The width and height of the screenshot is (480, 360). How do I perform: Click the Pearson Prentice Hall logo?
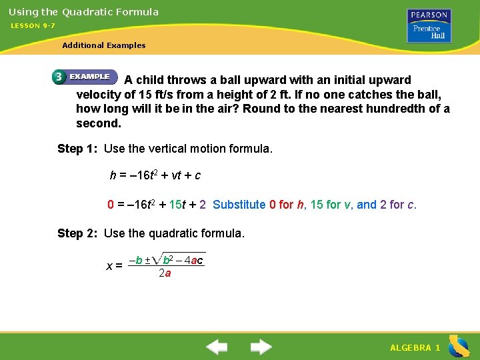click(x=429, y=25)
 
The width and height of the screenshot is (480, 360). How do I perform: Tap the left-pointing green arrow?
click(x=216, y=347)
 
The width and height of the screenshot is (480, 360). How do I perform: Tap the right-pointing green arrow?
click(x=261, y=347)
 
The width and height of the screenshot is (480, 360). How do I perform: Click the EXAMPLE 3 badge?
click(x=83, y=77)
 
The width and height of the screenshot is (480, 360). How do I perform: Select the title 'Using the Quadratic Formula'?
click(x=83, y=11)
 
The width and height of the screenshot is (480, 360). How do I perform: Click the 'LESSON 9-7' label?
click(x=33, y=25)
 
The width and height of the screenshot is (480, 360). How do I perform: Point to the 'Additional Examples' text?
click(x=103, y=45)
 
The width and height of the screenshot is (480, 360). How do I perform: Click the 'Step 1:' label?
click(x=78, y=149)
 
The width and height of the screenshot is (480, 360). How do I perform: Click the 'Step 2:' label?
click(x=78, y=233)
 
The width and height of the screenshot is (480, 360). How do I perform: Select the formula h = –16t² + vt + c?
click(x=155, y=176)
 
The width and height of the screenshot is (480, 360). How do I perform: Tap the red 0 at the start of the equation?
click(x=111, y=205)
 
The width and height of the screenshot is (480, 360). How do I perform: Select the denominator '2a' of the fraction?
click(x=165, y=273)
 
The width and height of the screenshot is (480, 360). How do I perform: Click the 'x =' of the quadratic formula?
click(x=114, y=266)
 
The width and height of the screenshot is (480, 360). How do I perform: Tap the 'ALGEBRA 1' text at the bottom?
click(x=415, y=348)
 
